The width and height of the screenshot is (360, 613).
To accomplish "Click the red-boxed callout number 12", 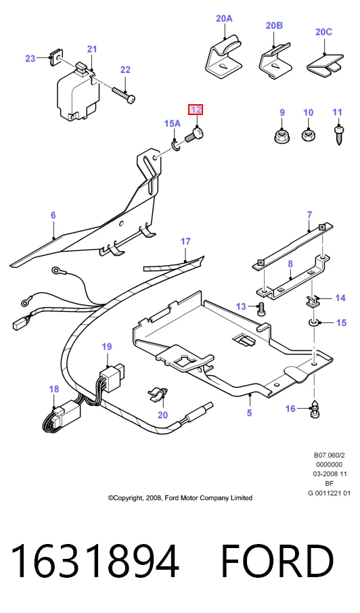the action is (x=196, y=110).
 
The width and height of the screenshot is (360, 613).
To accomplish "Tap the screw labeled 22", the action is (x=124, y=95).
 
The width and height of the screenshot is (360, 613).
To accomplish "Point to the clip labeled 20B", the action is (x=275, y=61).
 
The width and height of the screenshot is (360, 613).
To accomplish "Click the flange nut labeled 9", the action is (x=280, y=135).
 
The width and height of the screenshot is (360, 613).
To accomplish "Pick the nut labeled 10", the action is (x=309, y=135).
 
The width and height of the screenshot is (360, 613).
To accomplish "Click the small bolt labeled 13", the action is (x=261, y=310).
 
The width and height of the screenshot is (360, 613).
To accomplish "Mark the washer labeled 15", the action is (x=314, y=323).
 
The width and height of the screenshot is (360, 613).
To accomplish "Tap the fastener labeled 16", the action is (x=314, y=411).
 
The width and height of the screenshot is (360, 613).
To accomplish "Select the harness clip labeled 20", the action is (x=158, y=394).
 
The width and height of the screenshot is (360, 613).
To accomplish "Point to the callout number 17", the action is (x=185, y=242).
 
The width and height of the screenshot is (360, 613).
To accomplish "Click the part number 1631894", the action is (x=94, y=562).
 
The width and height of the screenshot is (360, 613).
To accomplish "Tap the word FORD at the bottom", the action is (x=277, y=562).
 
